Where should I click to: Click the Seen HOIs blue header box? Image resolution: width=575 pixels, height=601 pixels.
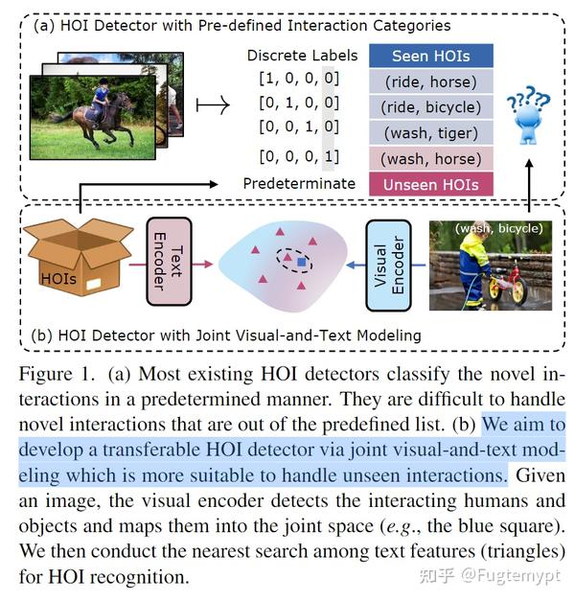431,56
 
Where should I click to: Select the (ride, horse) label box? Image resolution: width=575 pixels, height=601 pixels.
431,81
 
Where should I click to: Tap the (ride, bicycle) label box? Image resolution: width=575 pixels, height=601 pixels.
431,107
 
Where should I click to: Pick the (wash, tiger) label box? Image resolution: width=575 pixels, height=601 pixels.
431,132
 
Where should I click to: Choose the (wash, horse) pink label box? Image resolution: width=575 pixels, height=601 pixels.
431,158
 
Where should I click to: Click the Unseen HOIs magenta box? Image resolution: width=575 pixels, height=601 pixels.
431,183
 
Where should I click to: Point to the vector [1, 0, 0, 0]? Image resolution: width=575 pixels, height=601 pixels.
297,77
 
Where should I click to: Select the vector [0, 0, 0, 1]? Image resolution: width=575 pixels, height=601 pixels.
297,156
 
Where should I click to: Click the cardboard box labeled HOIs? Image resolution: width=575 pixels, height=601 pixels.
77,257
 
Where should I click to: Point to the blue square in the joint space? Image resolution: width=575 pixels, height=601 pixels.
302,261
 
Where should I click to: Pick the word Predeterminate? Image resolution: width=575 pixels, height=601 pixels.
299,183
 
